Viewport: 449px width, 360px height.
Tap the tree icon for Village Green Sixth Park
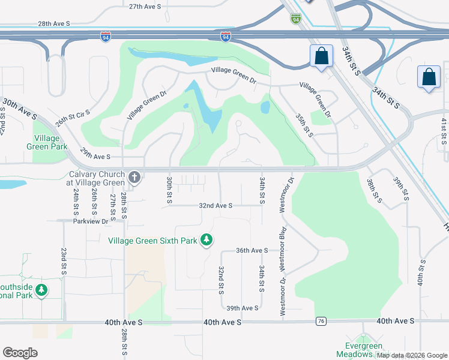point(206,240)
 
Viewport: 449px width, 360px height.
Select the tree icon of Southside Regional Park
point(41,291)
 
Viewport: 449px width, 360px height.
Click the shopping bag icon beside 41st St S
point(429,77)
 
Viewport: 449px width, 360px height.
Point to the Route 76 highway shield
point(322,322)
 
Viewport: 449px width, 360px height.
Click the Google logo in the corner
point(20,353)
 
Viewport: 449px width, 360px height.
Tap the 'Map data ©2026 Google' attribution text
point(412,355)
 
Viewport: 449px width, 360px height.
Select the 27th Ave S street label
point(145,6)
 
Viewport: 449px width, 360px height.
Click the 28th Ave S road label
point(54,23)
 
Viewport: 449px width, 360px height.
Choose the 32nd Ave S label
point(215,205)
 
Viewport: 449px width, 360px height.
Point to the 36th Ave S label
point(252,250)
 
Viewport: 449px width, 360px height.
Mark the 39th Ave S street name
point(242,308)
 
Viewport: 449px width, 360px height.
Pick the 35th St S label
point(305,124)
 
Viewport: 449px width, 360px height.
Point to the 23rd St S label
point(64,262)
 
